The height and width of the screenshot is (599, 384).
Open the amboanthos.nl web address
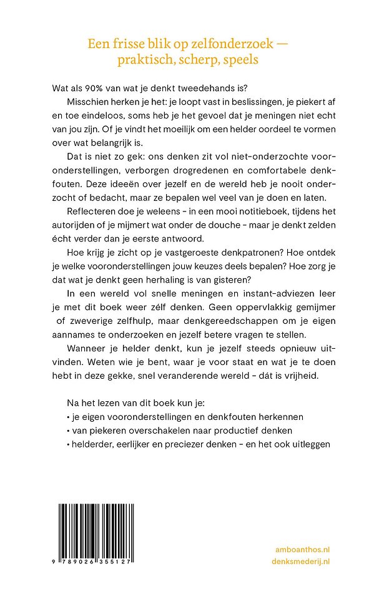[302, 548]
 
